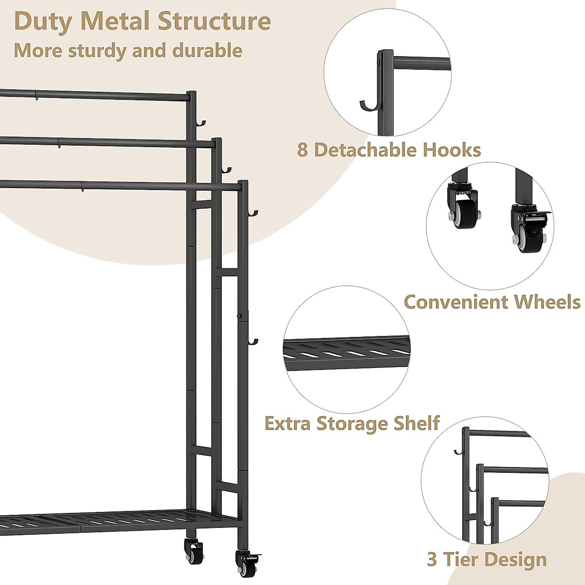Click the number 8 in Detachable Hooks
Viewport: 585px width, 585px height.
click(302, 150)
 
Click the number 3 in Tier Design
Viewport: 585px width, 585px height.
click(432, 560)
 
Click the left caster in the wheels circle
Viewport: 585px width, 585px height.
click(460, 209)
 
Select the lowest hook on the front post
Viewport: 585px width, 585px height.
click(253, 343)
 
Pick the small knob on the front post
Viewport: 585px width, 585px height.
click(240, 317)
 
